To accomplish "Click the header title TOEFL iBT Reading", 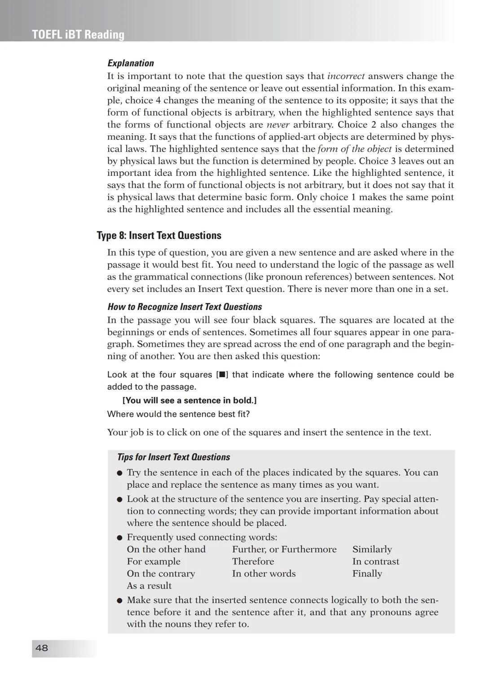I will point(78,35).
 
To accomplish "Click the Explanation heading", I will point(130,63).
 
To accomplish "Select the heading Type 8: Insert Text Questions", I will point(159,236).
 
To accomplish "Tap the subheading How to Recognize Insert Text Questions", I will point(185,307).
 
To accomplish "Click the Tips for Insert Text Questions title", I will point(173,457).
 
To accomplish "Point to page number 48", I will point(42,648).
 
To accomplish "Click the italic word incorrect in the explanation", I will point(346,76).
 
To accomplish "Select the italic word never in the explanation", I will point(278,125).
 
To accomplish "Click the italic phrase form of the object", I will point(354,149).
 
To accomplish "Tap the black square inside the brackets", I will point(222,375).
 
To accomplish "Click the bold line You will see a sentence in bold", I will point(190,401).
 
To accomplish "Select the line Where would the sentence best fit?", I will point(178,414).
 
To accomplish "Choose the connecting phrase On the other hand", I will point(166,549).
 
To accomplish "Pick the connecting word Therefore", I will point(253,562).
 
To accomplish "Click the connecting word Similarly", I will point(372,549).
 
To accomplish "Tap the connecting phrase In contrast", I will point(375,562).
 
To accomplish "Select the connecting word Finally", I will point(367,574).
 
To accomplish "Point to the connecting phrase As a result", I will point(149,586).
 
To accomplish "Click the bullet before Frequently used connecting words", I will point(119,538).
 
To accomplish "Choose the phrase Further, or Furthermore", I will point(284,549).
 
